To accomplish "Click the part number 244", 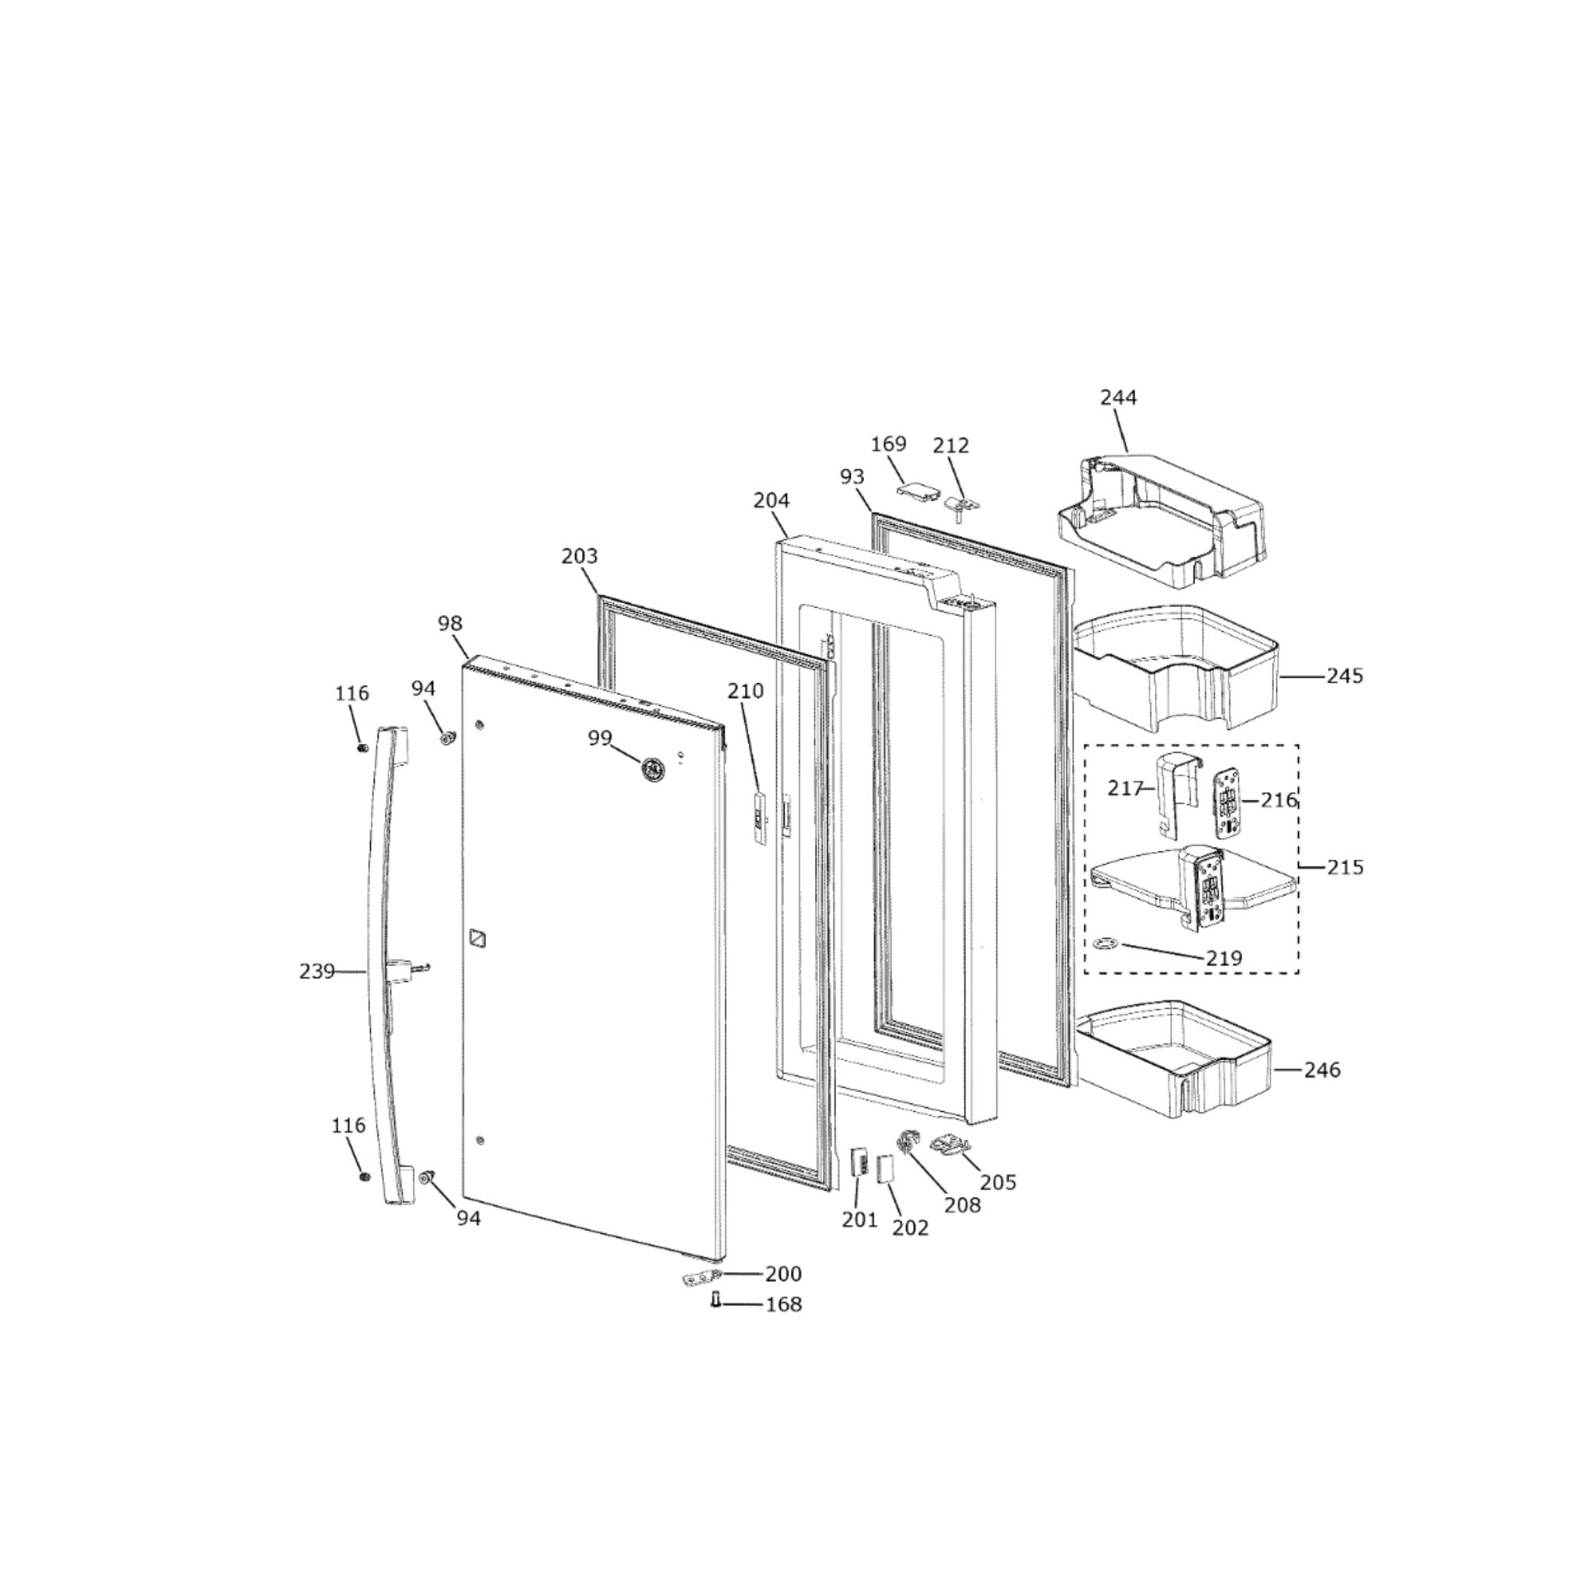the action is [x=1117, y=397].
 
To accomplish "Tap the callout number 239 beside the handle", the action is [x=316, y=972].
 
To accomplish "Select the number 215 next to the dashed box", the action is [x=1344, y=867].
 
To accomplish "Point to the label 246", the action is [x=1321, y=1069].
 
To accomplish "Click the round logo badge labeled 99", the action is [x=652, y=770].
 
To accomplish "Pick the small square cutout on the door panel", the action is [x=478, y=939].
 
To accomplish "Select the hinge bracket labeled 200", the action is [x=701, y=1276].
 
